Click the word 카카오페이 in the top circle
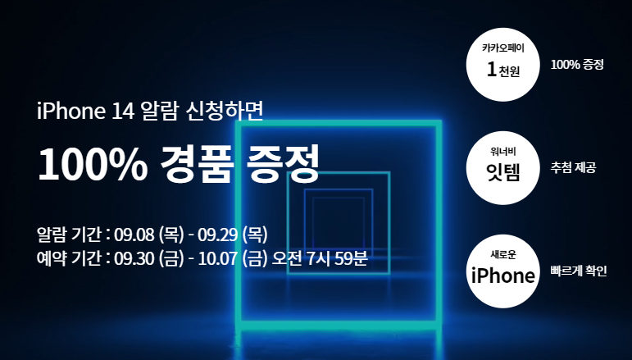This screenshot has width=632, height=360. (x=502, y=48)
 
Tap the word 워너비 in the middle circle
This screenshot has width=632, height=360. (x=502, y=150)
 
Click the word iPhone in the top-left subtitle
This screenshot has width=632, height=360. (x=66, y=111)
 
